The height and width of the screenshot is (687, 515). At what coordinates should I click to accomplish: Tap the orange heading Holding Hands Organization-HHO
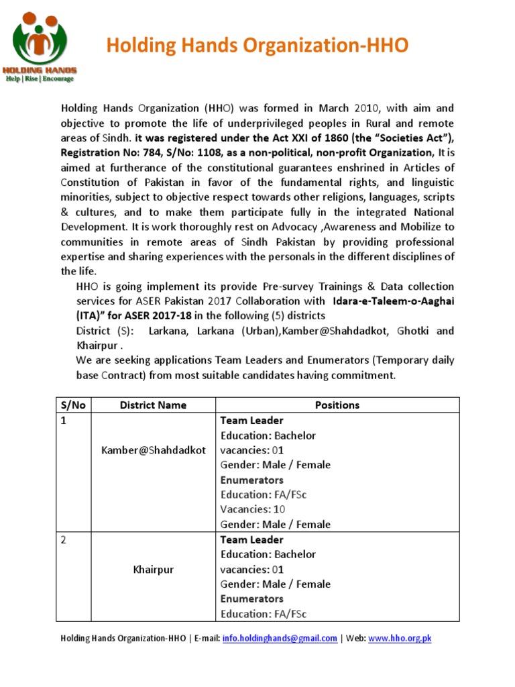click(x=257, y=46)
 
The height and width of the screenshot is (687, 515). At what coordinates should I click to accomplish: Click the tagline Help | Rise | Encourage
click(x=40, y=78)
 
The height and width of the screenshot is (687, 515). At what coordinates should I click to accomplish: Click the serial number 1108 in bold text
click(x=207, y=154)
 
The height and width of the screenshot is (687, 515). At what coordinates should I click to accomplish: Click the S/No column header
click(x=68, y=405)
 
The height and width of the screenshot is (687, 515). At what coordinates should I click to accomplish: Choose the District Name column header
click(x=153, y=405)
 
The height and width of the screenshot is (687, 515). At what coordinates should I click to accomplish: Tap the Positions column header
click(x=337, y=405)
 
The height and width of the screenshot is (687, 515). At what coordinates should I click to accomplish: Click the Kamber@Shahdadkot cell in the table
click(x=154, y=450)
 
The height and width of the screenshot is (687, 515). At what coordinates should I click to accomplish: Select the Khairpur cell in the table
click(x=153, y=570)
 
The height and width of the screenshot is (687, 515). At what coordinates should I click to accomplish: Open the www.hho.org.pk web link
click(x=400, y=639)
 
